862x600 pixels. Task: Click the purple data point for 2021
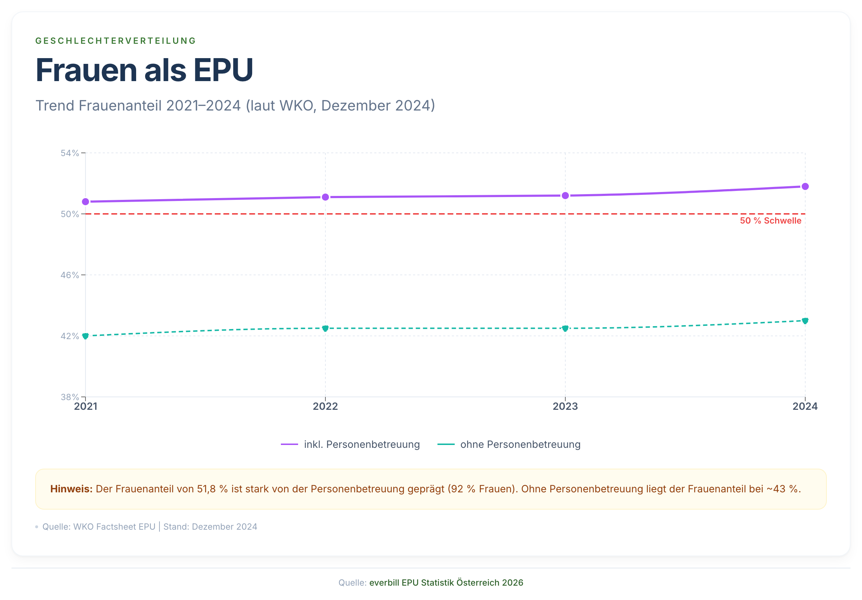85,202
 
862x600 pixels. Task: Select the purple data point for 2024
805,186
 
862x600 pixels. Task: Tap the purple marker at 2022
325,197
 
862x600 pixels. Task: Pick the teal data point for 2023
565,328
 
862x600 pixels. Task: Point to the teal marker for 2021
85,336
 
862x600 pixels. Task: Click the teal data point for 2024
805,320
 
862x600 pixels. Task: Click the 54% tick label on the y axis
70,153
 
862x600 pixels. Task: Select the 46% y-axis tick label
70,275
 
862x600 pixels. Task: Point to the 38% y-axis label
70,397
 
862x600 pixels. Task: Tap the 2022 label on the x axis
325,407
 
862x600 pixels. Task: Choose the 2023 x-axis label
565,407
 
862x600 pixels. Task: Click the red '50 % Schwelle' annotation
770,220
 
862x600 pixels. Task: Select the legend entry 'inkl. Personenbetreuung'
362,444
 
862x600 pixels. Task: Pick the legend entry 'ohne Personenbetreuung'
520,444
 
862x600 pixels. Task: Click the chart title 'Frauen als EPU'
144,70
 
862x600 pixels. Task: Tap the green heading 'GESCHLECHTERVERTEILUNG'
116,41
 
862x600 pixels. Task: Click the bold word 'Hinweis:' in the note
71,489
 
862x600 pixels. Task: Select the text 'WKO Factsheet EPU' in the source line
114,527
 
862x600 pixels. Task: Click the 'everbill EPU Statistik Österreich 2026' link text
446,583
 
